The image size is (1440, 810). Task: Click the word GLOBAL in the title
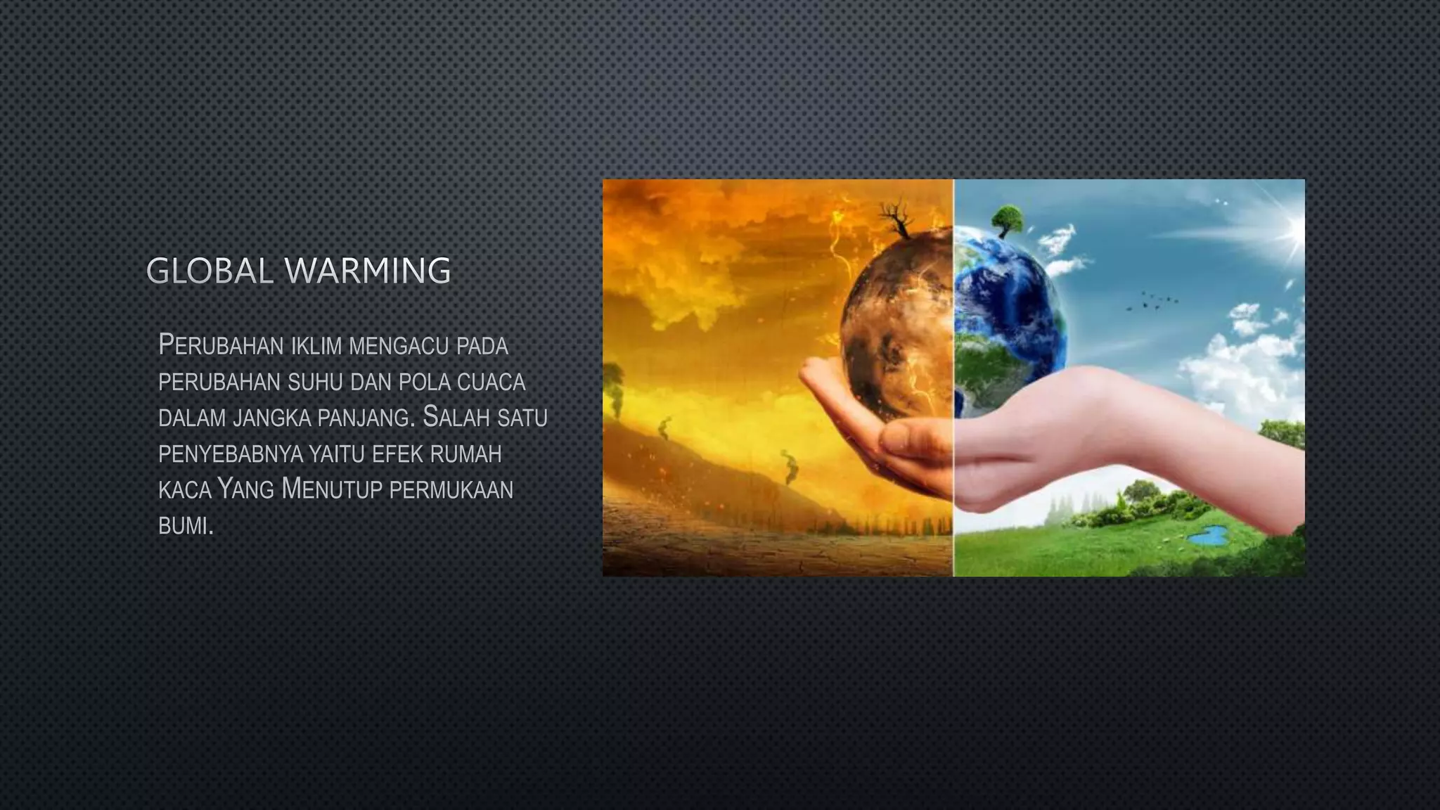210,271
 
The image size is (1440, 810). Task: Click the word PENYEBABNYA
230,454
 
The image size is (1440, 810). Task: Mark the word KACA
185,490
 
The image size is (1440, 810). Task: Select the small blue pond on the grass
1209,536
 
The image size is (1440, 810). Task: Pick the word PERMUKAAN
451,490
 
